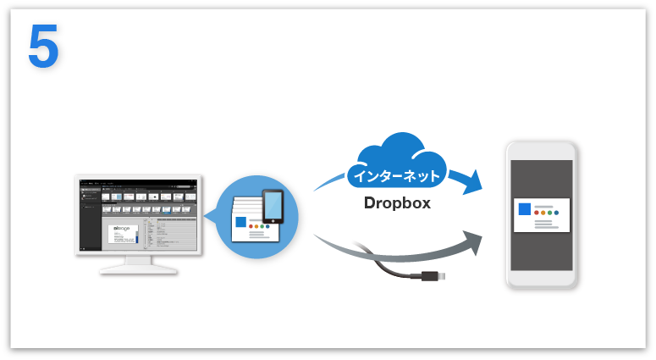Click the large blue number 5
(43, 47)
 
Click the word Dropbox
(397, 203)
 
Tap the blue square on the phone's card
(524, 210)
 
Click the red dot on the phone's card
(537, 216)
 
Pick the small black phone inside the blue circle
(273, 207)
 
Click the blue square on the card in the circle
(242, 223)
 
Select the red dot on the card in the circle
(252, 228)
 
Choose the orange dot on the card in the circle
(259, 228)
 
